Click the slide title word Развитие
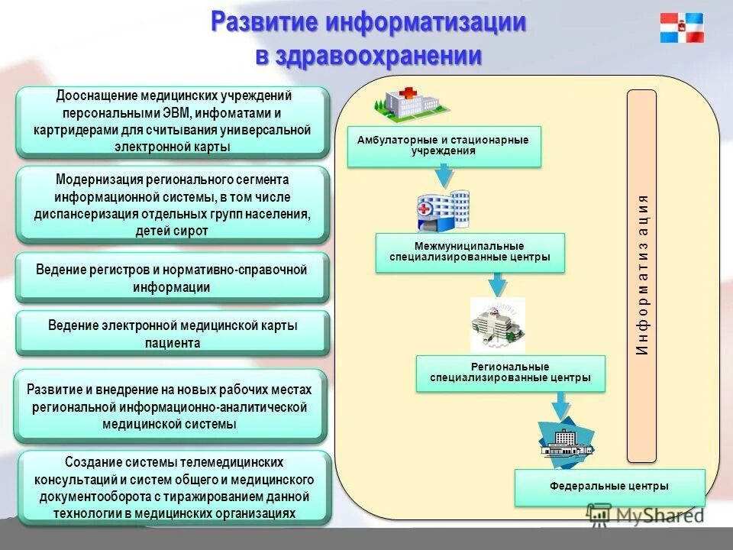click(x=263, y=22)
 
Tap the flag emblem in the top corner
click(x=682, y=28)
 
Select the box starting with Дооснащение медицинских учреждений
click(x=173, y=121)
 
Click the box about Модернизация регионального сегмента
click(x=173, y=204)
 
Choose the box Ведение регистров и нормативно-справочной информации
click(x=173, y=278)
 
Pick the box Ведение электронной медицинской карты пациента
click(x=173, y=334)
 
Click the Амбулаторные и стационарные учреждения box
click(x=444, y=146)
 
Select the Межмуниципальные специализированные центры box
click(x=470, y=252)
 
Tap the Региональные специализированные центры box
click(x=510, y=373)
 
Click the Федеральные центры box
click(x=609, y=487)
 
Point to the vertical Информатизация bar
click(x=641, y=275)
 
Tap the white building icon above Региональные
click(x=497, y=325)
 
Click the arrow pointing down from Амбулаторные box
click(x=444, y=177)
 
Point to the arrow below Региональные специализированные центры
click(x=562, y=405)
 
